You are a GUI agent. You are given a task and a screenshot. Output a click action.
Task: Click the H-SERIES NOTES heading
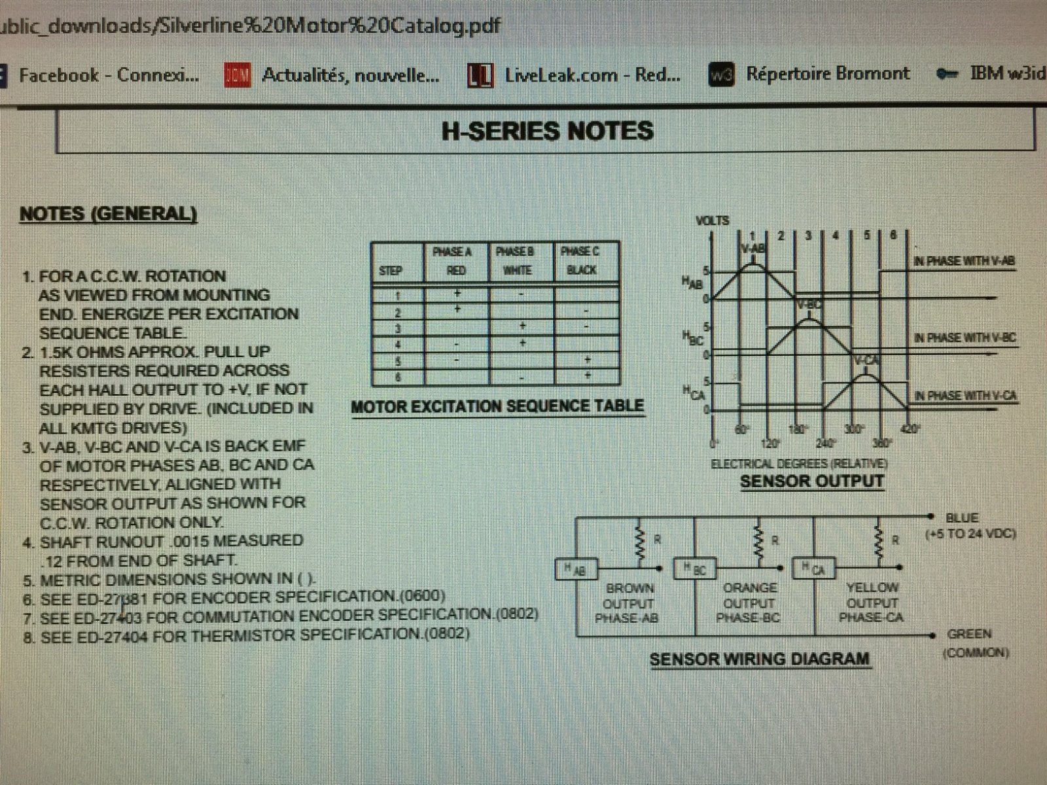(547, 131)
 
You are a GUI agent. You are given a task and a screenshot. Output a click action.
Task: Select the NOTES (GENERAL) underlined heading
(108, 214)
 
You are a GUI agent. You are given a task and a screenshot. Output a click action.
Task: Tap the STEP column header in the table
(390, 270)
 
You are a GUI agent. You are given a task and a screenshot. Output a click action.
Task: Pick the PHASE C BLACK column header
(581, 261)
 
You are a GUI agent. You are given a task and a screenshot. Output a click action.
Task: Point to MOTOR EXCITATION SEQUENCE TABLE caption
(497, 406)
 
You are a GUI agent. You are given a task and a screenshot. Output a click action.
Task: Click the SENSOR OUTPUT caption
(811, 481)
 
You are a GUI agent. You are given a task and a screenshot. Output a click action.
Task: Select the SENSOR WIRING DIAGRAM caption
(760, 659)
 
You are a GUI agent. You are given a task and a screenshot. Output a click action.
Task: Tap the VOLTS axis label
(712, 220)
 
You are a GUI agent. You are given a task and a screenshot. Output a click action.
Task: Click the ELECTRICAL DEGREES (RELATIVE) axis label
(799, 463)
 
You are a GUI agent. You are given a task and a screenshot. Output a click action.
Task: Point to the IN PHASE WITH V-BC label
(965, 338)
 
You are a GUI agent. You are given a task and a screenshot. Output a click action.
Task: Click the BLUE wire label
(962, 517)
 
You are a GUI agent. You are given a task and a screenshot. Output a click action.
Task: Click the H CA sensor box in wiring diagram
(811, 568)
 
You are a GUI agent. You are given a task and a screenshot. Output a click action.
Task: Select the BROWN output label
(630, 587)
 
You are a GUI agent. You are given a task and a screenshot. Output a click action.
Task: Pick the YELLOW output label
(872, 587)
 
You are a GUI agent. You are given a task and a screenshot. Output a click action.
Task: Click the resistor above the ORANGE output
(760, 542)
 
